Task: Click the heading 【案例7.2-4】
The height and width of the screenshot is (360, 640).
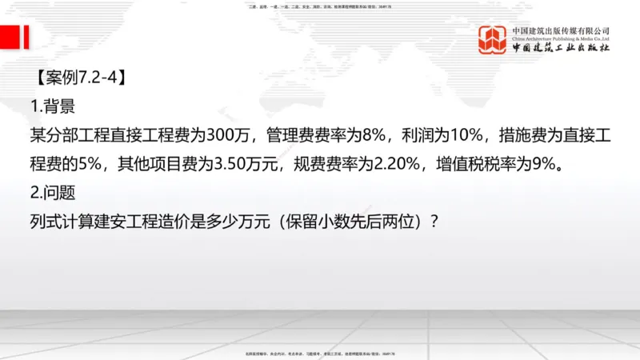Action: (x=79, y=78)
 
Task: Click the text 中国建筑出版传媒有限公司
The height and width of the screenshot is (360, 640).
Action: (x=561, y=30)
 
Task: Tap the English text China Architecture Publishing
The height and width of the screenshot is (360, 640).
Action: (x=561, y=38)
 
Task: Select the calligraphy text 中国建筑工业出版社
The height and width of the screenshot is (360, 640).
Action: (x=561, y=49)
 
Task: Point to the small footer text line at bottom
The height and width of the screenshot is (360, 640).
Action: (x=320, y=354)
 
